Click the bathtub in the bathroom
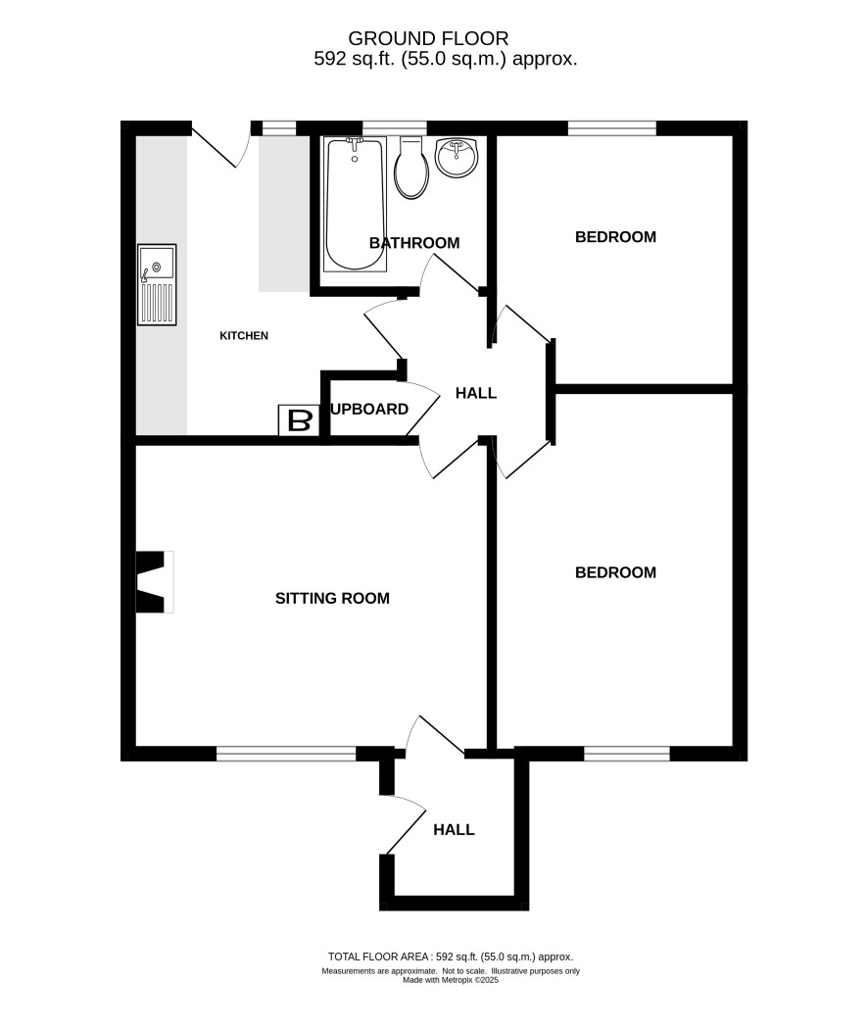coord(355,204)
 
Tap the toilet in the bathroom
coord(411,168)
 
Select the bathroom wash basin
coord(457,158)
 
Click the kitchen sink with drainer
coord(157,285)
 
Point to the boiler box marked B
coord(299,420)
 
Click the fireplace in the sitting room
coord(155,582)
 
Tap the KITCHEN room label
coord(244,336)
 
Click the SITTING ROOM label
coord(332,599)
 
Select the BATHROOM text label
coord(414,243)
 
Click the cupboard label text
coord(369,410)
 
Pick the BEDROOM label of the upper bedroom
coord(615,237)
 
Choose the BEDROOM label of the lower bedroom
coord(615,572)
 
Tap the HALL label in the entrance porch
coord(454,830)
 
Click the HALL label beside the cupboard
coord(476,393)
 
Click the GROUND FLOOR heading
coord(428,38)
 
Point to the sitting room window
coord(286,754)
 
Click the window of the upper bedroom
coord(611,128)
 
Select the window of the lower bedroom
coord(627,754)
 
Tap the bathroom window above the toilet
coord(394,128)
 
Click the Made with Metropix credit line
coord(451,980)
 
